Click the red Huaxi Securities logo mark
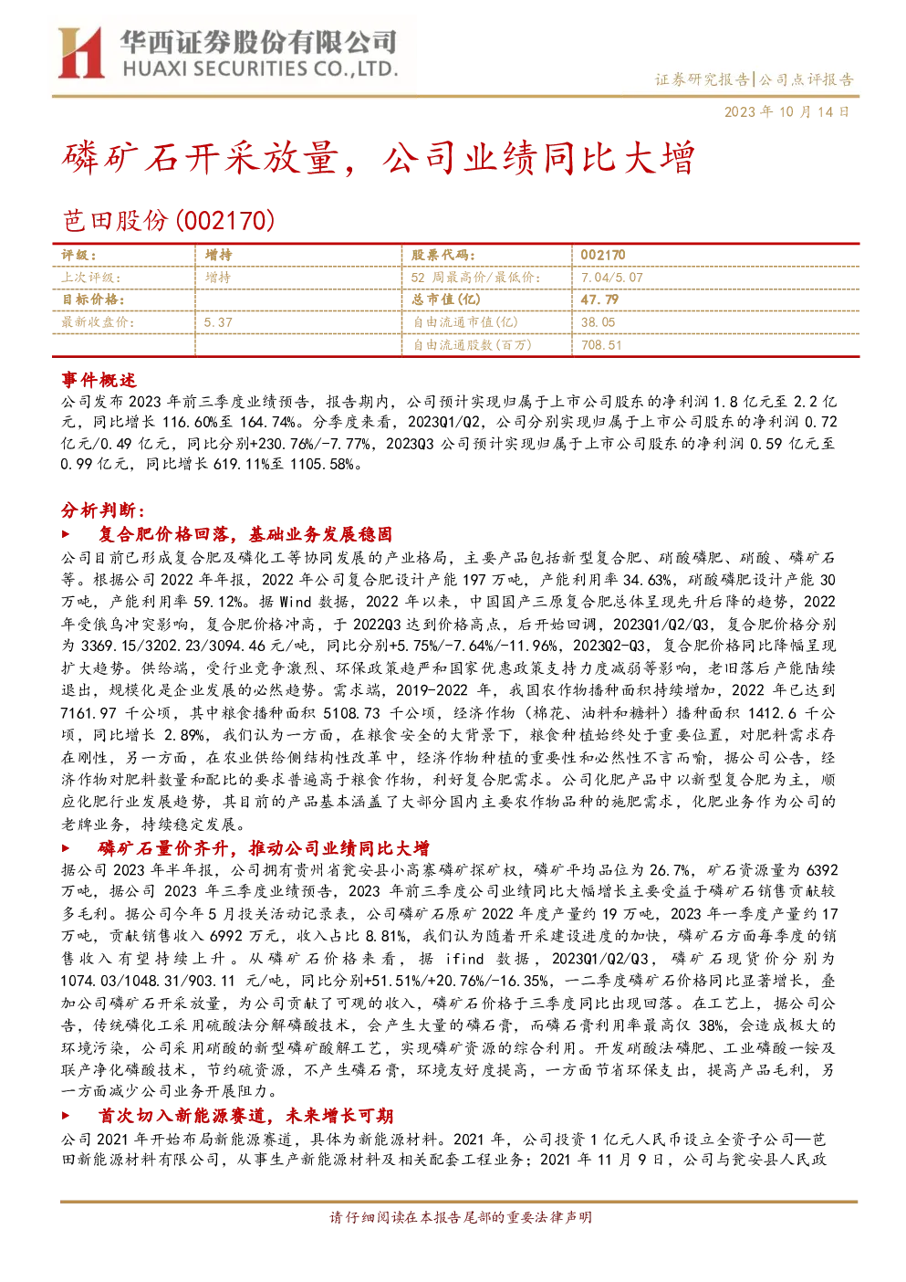pos(80,53)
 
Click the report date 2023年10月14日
pos(786,111)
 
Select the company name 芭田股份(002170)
pos(168,220)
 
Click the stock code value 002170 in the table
pos(603,256)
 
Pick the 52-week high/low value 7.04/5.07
pos(611,278)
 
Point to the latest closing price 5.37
pos(218,322)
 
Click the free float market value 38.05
pos(598,322)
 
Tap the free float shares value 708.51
pos(601,345)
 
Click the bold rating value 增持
pos(218,256)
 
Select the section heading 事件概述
pos(99,380)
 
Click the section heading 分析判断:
pos(103,510)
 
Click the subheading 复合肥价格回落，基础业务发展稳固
pos(245,534)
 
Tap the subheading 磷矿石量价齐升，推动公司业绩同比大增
pos(264,848)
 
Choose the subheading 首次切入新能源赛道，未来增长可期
pos(246,1116)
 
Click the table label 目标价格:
pos(93,299)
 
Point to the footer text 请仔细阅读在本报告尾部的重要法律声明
pos(461,1217)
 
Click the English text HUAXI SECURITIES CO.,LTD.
pos(260,69)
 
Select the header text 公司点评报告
pos(806,79)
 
